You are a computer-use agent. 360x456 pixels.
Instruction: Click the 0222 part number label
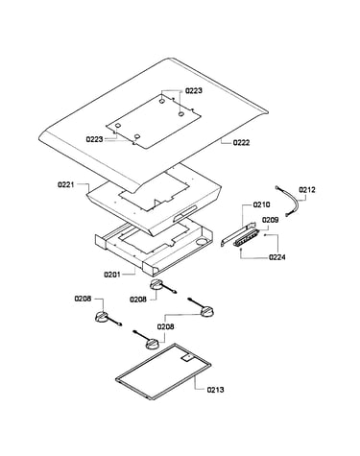(x=241, y=143)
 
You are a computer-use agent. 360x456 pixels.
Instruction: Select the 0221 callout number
(x=66, y=184)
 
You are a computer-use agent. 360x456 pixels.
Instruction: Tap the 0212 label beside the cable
(x=307, y=190)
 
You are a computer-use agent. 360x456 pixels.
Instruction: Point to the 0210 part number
(x=261, y=204)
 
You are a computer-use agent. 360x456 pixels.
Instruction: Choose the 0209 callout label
(x=271, y=220)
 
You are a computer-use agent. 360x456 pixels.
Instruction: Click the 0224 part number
(x=277, y=257)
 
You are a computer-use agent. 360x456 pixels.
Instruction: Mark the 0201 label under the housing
(x=112, y=275)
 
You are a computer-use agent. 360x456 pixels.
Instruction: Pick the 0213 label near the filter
(x=215, y=390)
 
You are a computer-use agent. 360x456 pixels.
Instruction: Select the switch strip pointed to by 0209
(x=246, y=238)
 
